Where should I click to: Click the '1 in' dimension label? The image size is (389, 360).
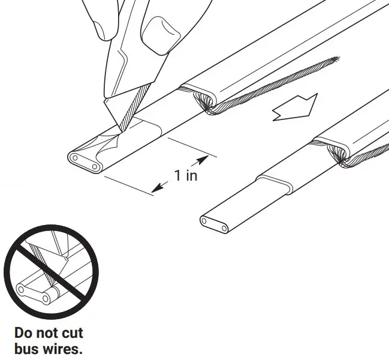[186, 175]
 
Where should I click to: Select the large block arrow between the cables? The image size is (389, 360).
[293, 109]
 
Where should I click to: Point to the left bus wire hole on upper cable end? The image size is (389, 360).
[77, 159]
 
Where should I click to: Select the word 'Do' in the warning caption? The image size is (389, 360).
[26, 332]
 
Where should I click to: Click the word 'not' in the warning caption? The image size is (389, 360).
[50, 332]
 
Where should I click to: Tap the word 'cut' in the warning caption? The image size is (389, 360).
[73, 332]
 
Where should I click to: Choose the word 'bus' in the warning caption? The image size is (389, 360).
[27, 348]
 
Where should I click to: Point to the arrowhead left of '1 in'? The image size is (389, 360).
[157, 188]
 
